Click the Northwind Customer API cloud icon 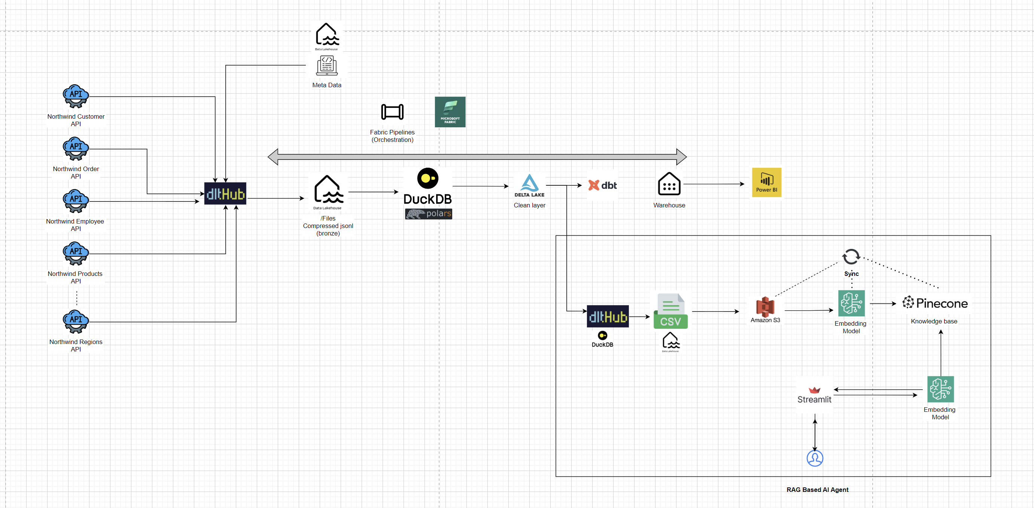(x=76, y=96)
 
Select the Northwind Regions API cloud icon (x=76, y=322)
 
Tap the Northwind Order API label (x=76, y=173)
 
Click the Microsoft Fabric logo (x=450, y=112)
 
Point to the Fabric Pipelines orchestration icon (x=392, y=112)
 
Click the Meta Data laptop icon (x=327, y=66)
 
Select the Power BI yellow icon (x=766, y=183)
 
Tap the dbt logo (x=602, y=185)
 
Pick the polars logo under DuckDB (x=428, y=214)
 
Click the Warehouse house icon (x=669, y=184)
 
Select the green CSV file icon (x=670, y=311)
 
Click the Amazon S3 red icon (x=765, y=307)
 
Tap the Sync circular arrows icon (x=851, y=257)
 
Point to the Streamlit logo (x=814, y=396)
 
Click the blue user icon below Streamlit (x=815, y=458)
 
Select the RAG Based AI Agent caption (x=817, y=490)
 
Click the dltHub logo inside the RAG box (x=608, y=317)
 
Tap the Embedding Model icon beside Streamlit (x=940, y=389)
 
